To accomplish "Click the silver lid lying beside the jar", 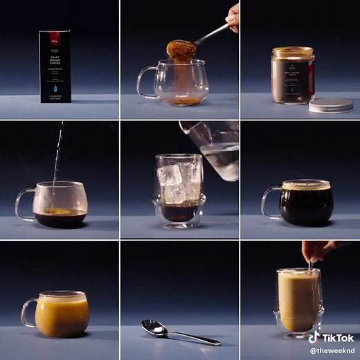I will [330, 105].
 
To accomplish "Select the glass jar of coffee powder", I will [292, 75].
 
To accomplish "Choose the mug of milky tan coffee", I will [62, 313].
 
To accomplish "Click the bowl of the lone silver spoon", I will [154, 327].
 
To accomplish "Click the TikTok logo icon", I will [314, 338].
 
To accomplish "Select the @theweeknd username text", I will [332, 351].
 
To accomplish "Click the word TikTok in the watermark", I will [339, 338].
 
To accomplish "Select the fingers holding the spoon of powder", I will [233, 17].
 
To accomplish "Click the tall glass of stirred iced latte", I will [298, 299].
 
